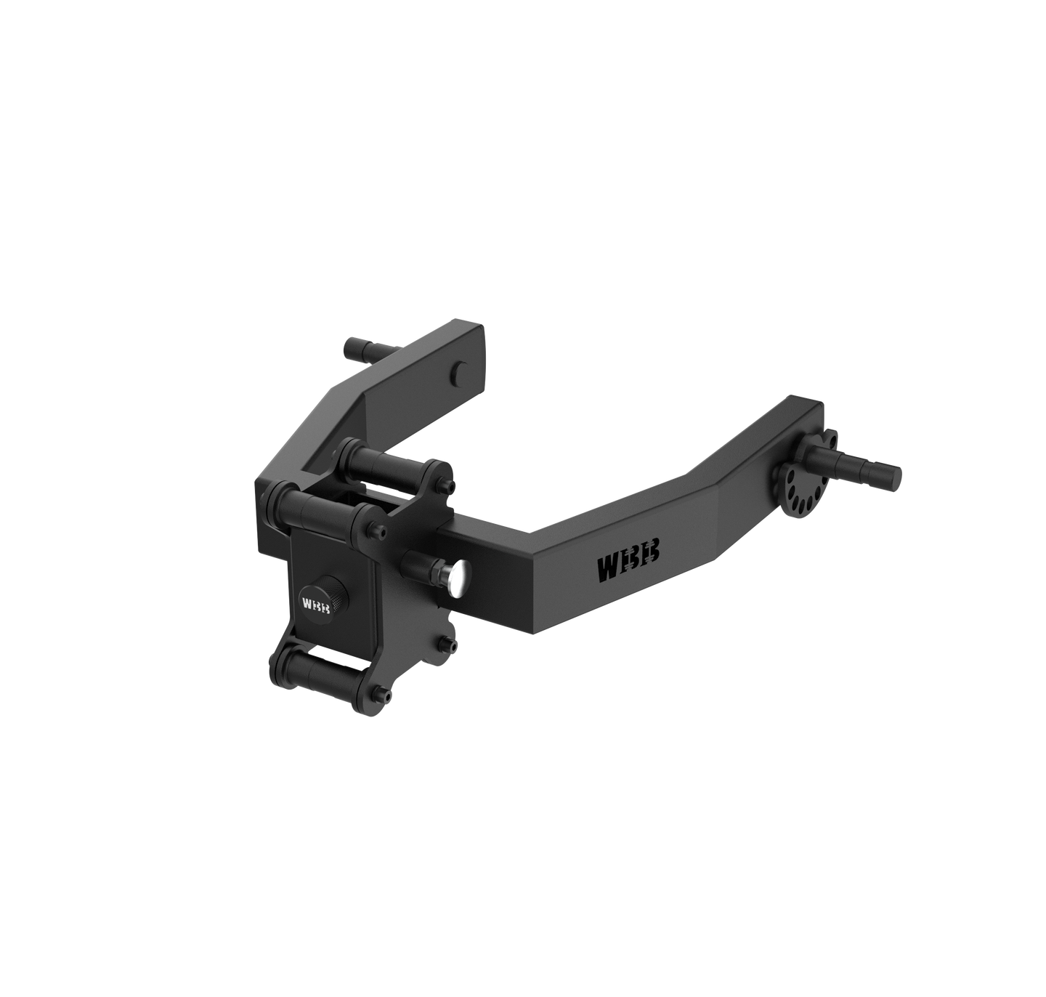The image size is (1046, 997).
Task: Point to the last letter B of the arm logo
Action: (652, 553)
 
